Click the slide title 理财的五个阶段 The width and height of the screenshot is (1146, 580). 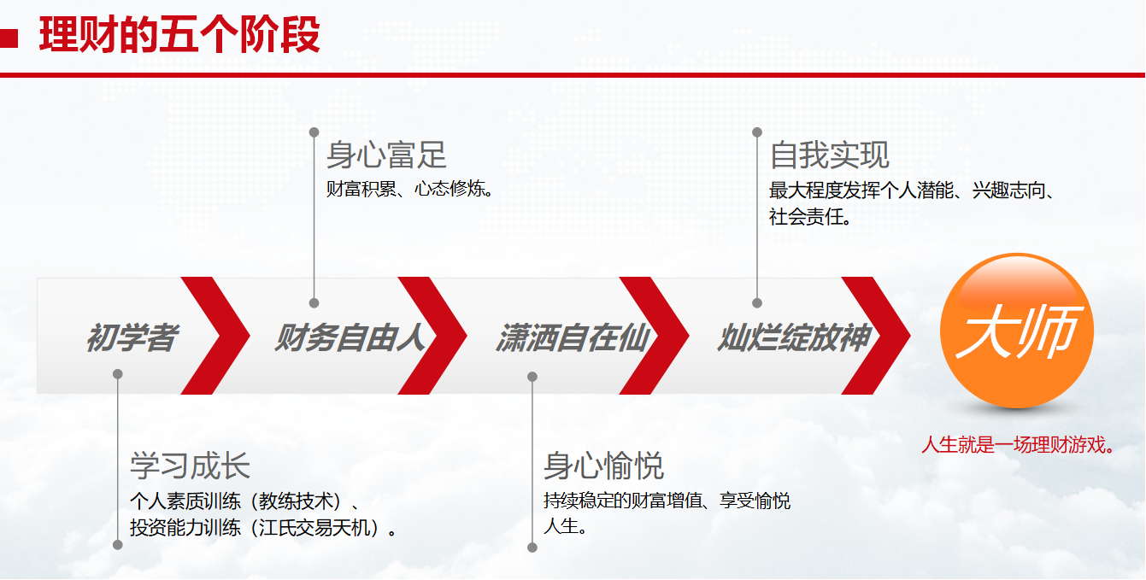tap(179, 35)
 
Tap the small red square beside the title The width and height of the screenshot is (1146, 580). tap(9, 39)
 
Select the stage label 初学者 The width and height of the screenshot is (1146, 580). tap(132, 337)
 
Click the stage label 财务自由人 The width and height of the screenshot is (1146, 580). tap(350, 337)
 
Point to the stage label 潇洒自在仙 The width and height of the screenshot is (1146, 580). tap(573, 337)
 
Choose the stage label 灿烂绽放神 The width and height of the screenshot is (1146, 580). tap(794, 337)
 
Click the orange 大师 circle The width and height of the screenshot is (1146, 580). tap(1017, 331)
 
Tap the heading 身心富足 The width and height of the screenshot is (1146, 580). tap(386, 155)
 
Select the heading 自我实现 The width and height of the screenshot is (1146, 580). tap(829, 155)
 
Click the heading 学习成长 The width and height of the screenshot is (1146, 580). tap(190, 466)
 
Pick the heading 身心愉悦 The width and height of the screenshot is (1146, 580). tap(603, 466)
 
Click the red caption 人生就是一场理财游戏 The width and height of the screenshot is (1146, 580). tap(1017, 444)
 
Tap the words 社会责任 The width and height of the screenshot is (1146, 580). tap(805, 217)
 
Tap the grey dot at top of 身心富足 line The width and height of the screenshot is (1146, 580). tap(314, 132)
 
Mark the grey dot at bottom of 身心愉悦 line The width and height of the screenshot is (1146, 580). tap(532, 548)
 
